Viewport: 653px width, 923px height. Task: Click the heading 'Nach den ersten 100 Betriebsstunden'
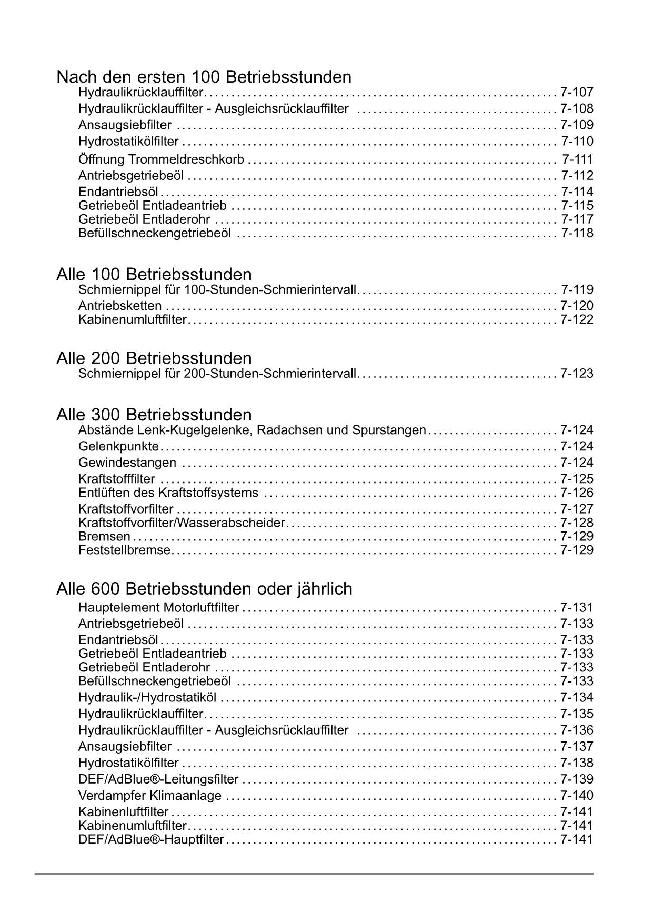(x=204, y=77)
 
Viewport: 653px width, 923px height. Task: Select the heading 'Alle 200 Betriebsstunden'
(x=154, y=358)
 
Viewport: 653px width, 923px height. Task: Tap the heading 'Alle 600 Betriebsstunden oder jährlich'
(x=204, y=589)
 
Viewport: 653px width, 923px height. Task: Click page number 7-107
(x=577, y=93)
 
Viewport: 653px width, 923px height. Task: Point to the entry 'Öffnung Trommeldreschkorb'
(x=161, y=159)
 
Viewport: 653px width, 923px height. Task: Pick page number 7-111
(x=577, y=159)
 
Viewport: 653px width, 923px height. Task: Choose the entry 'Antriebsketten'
(x=120, y=306)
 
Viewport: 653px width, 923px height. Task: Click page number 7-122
(x=577, y=319)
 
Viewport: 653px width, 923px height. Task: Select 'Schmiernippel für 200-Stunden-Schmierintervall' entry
(x=218, y=374)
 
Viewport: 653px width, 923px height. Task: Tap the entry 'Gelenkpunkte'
(x=118, y=447)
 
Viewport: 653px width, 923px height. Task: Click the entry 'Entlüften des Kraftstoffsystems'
(x=168, y=493)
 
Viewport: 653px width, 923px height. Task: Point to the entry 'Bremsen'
(x=104, y=537)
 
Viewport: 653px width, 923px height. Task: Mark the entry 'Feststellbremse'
(x=124, y=550)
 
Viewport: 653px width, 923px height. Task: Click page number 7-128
(x=577, y=523)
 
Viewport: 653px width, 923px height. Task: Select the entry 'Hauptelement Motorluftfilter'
(x=158, y=608)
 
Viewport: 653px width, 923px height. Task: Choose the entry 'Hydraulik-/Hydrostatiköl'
(x=147, y=698)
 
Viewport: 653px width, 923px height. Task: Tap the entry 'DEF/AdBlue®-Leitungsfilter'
(x=158, y=779)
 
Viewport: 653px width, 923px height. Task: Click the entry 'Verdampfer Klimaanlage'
(x=150, y=796)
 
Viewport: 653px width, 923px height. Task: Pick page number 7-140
(x=577, y=796)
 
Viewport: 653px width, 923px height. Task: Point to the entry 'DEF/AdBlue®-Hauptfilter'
(x=151, y=839)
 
